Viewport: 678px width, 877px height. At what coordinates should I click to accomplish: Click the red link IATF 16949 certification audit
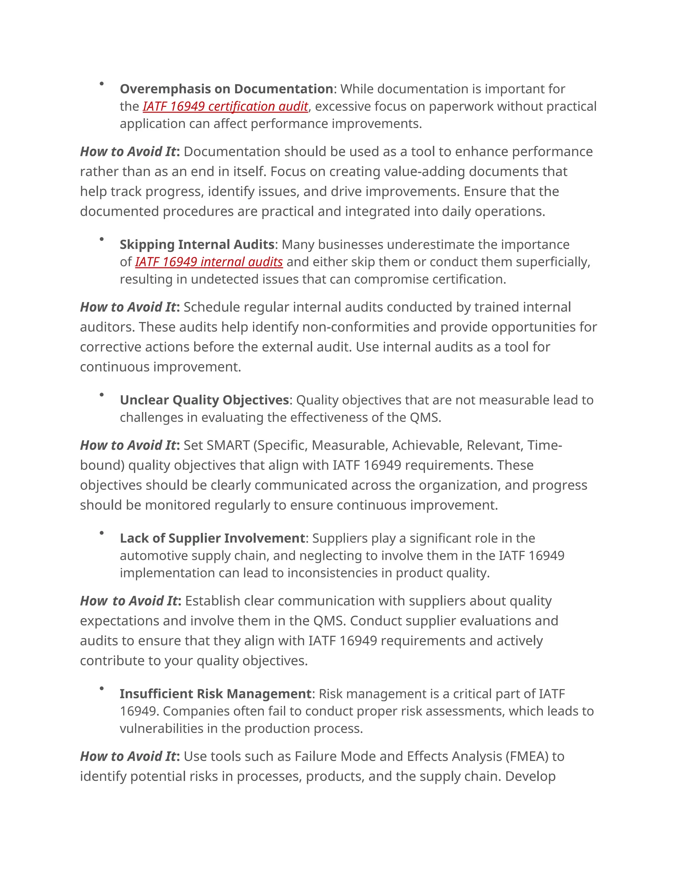click(225, 107)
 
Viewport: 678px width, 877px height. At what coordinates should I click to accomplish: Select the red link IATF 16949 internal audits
click(209, 262)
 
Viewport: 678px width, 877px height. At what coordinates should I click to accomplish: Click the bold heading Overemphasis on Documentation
click(226, 89)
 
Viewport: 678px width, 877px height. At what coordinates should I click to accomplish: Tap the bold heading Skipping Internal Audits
click(197, 245)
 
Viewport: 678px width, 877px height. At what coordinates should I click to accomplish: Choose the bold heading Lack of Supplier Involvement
click(213, 538)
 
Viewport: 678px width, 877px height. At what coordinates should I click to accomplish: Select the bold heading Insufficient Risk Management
click(215, 694)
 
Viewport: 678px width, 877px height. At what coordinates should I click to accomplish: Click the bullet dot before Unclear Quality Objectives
click(102, 395)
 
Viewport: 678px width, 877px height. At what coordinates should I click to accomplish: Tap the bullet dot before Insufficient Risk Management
click(102, 689)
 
